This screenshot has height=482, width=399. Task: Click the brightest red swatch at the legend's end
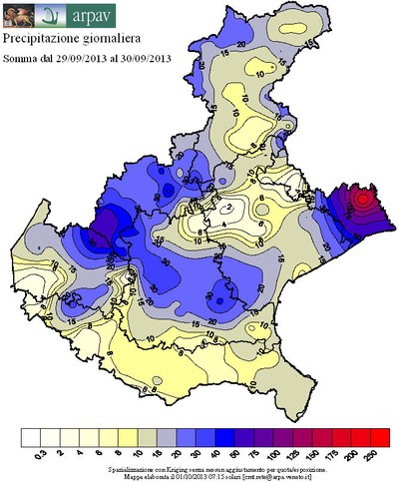point(379,437)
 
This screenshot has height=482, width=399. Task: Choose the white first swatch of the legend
point(30,437)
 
